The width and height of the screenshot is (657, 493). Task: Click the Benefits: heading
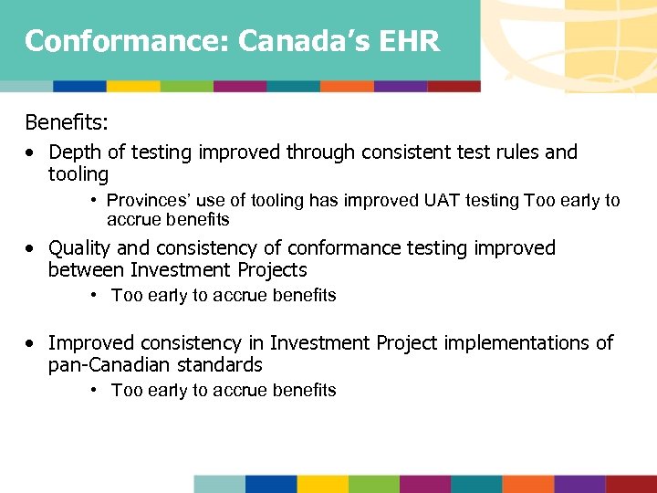[x=65, y=122]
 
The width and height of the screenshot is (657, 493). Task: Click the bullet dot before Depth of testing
[x=32, y=152]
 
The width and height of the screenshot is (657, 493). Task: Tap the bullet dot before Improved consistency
[x=32, y=344]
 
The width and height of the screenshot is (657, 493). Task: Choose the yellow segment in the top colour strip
[x=133, y=86]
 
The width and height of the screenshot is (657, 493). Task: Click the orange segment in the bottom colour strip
[x=527, y=484]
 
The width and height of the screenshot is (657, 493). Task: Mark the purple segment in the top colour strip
[x=401, y=86]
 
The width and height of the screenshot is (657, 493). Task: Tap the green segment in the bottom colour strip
[x=373, y=484]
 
